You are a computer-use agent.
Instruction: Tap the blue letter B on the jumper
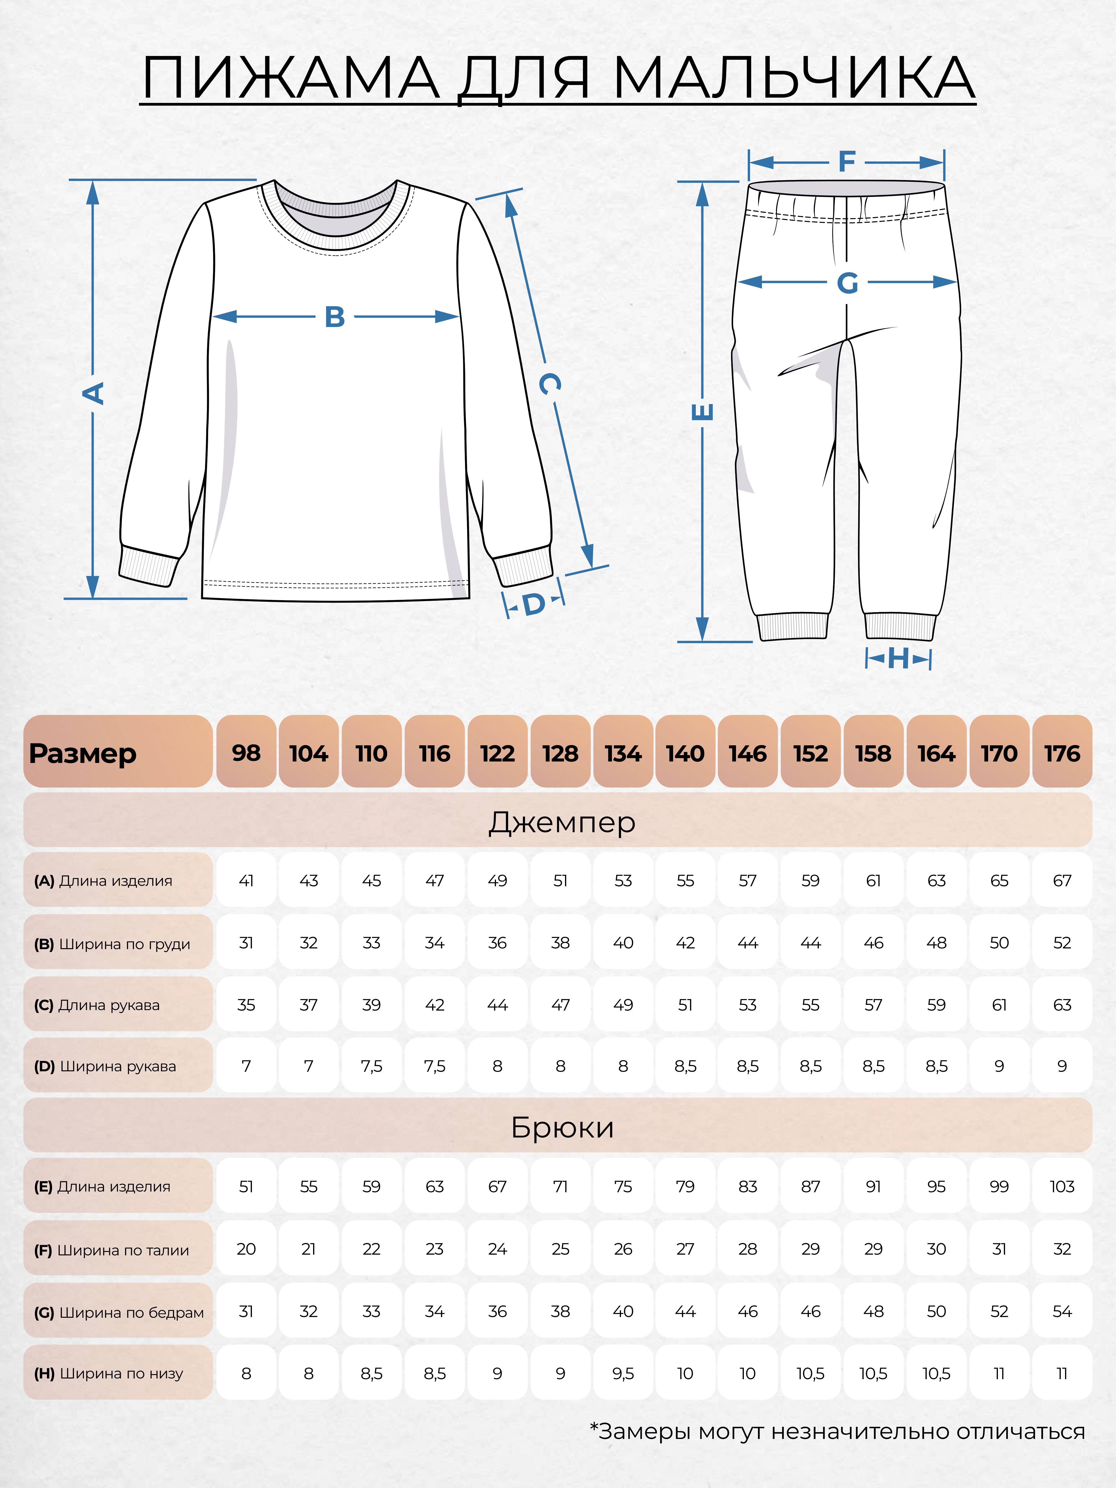[x=334, y=317]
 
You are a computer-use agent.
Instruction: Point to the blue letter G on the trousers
[x=847, y=283]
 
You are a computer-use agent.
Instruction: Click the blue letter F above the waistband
[x=846, y=162]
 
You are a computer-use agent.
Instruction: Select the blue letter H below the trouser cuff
[x=898, y=659]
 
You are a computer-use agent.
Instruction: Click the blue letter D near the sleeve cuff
[x=533, y=604]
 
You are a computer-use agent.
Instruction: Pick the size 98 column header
[x=246, y=753]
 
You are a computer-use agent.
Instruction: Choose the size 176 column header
[x=1061, y=753]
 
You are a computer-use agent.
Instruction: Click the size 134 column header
[x=623, y=753]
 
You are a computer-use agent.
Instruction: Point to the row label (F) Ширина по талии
[x=112, y=1250]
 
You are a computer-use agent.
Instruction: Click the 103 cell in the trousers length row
[x=1061, y=1187]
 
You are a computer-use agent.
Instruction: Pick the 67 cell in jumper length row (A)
[x=1061, y=881]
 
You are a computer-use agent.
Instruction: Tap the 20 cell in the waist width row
[x=246, y=1249]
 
